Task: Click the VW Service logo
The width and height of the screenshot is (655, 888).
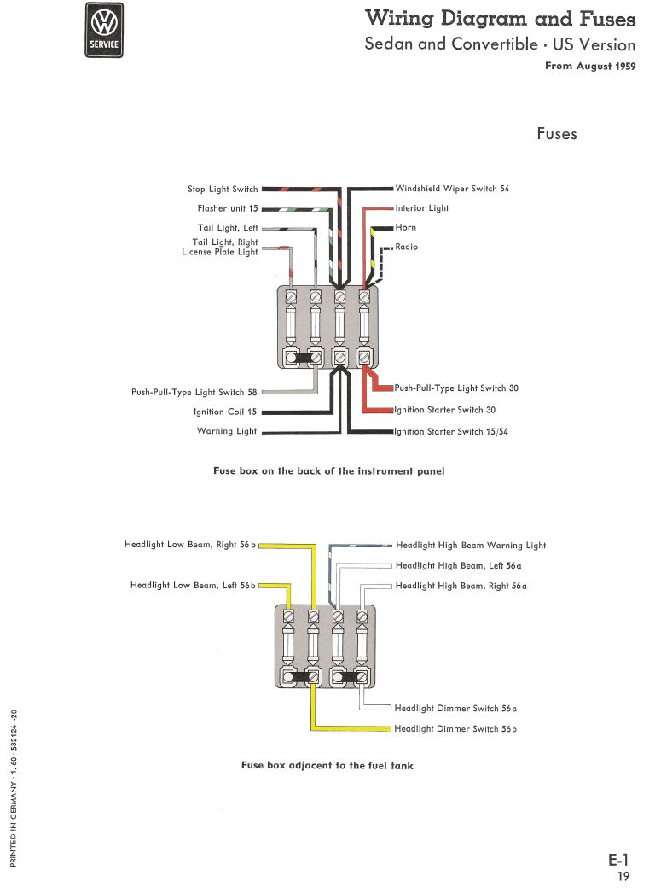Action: (x=105, y=30)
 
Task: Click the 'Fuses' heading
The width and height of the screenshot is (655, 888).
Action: (x=556, y=134)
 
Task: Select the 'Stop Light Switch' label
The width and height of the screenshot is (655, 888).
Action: (x=223, y=190)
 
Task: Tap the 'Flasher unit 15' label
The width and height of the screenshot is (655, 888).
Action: (x=228, y=208)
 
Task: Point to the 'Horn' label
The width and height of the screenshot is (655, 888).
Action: (x=406, y=228)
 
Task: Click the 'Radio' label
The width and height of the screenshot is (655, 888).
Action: (x=407, y=247)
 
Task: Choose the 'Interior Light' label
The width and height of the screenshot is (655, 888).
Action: (x=422, y=208)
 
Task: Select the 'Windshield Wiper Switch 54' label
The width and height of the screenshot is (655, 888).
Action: (x=452, y=189)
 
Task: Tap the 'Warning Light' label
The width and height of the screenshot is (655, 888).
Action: (x=227, y=431)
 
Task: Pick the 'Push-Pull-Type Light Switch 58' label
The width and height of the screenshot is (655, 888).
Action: (x=194, y=393)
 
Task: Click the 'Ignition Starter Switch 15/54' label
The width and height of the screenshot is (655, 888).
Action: (x=451, y=432)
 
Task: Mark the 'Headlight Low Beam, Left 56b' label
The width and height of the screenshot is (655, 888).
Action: (x=193, y=586)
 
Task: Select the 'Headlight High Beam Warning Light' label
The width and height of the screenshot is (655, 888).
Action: (x=471, y=545)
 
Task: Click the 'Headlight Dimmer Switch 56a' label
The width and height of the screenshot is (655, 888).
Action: (x=456, y=709)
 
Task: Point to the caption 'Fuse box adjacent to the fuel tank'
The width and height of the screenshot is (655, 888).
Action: (x=327, y=766)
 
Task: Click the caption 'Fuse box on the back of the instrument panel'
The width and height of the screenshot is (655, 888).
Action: (x=328, y=471)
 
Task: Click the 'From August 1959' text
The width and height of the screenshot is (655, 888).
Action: (x=590, y=66)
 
